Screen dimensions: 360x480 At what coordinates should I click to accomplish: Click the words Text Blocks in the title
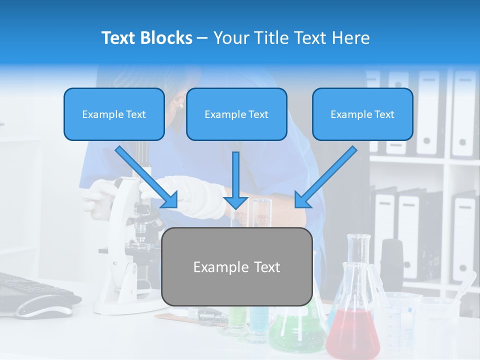tap(146, 38)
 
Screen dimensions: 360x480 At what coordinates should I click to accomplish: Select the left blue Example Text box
tap(114, 114)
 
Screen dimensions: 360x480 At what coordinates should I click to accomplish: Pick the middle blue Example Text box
tap(236, 114)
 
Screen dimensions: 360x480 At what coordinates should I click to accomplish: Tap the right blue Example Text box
tap(362, 114)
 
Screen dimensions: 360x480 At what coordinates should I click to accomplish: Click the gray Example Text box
tap(237, 266)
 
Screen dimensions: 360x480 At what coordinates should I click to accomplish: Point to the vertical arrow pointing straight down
tap(236, 180)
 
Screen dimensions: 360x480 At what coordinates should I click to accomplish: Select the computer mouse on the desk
tap(45, 306)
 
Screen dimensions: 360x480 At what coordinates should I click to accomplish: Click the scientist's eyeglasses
tap(178, 105)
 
